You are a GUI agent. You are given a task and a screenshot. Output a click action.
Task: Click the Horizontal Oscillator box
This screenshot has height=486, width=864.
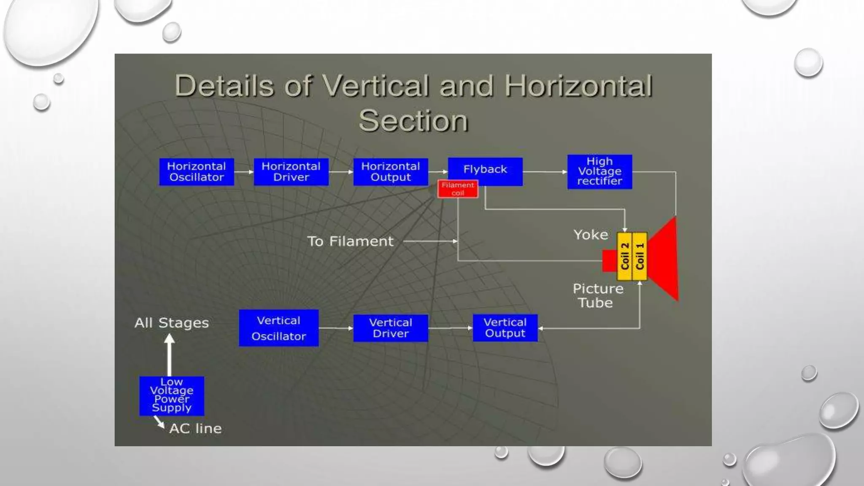pos(197,172)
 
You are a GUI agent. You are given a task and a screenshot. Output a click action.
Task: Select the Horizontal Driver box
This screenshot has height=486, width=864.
pos(291,172)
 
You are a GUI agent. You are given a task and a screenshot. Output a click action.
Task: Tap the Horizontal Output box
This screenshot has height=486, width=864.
pos(391,172)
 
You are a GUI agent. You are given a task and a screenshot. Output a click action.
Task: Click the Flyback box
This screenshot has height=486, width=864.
pos(485,170)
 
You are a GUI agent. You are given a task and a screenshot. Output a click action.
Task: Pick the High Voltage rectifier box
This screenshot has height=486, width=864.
pos(599,172)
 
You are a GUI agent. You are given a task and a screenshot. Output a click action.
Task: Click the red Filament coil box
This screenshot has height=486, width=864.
pos(458,189)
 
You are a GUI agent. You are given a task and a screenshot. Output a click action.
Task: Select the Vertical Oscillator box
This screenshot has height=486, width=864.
pos(279,328)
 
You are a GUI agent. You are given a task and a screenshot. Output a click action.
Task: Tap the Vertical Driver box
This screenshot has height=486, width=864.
pos(391,328)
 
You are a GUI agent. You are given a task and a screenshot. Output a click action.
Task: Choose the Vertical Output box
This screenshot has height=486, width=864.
pos(505,328)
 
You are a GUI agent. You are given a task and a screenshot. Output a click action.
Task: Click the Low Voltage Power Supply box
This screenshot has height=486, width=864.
pos(172,396)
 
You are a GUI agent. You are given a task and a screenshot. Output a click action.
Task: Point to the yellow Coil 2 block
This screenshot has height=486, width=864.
pos(624,256)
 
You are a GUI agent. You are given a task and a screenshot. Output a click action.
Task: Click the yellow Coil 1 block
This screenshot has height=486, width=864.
pos(640,256)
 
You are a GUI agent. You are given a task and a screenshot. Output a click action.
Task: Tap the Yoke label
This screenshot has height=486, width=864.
pos(591,235)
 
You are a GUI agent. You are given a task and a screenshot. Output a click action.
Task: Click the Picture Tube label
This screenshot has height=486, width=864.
pos(597,295)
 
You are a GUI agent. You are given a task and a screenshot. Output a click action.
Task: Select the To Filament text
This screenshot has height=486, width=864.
pos(350,241)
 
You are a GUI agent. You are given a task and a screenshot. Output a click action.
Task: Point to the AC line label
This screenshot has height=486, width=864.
pos(195,429)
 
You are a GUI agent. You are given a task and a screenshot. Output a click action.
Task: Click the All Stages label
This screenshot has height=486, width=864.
pos(172,323)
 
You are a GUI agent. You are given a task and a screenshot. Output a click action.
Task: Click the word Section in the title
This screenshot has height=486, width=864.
pos(413,121)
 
